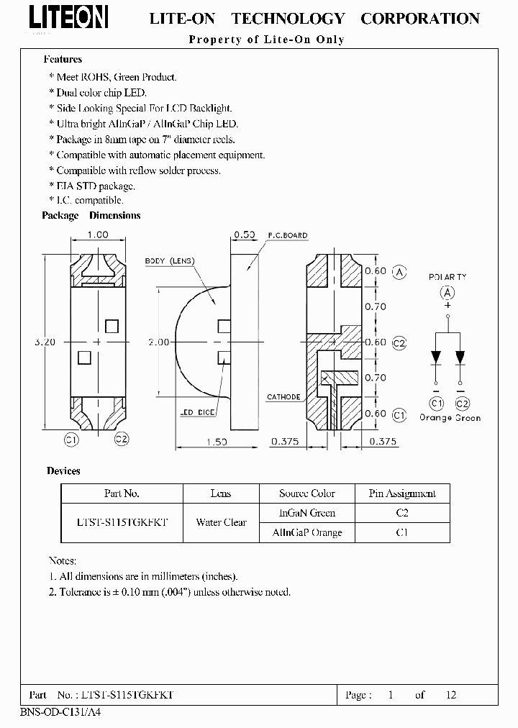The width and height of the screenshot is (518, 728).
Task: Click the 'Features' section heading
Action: pyautogui.click(x=63, y=60)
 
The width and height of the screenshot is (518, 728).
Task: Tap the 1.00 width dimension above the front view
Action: pyautogui.click(x=97, y=235)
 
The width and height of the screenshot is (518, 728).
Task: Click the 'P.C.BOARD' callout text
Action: pyautogui.click(x=287, y=235)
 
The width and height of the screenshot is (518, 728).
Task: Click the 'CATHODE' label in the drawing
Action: pyautogui.click(x=283, y=397)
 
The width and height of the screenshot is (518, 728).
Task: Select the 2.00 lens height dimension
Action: pyautogui.click(x=159, y=342)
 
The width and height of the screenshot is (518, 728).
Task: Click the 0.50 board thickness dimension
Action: pyautogui.click(x=245, y=235)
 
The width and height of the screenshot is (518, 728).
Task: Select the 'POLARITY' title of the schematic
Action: pyautogui.click(x=447, y=277)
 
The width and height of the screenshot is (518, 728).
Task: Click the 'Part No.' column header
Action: pyautogui.click(x=122, y=493)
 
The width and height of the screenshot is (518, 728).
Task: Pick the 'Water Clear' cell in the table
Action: pyautogui.click(x=221, y=523)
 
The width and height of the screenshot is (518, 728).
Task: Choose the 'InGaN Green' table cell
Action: pyautogui.click(x=307, y=513)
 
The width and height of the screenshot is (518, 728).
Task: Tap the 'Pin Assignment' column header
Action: pyautogui.click(x=402, y=493)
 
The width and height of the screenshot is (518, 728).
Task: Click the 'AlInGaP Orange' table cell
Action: pyautogui.click(x=307, y=533)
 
